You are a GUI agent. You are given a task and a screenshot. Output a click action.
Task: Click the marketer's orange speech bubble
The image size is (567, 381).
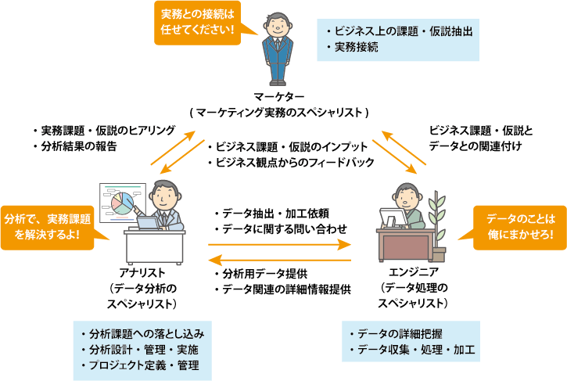coord(197,23)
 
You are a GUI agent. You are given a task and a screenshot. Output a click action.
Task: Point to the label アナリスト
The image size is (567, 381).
coord(142,273)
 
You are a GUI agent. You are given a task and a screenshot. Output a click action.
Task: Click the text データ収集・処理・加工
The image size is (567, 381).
coord(413,347)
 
